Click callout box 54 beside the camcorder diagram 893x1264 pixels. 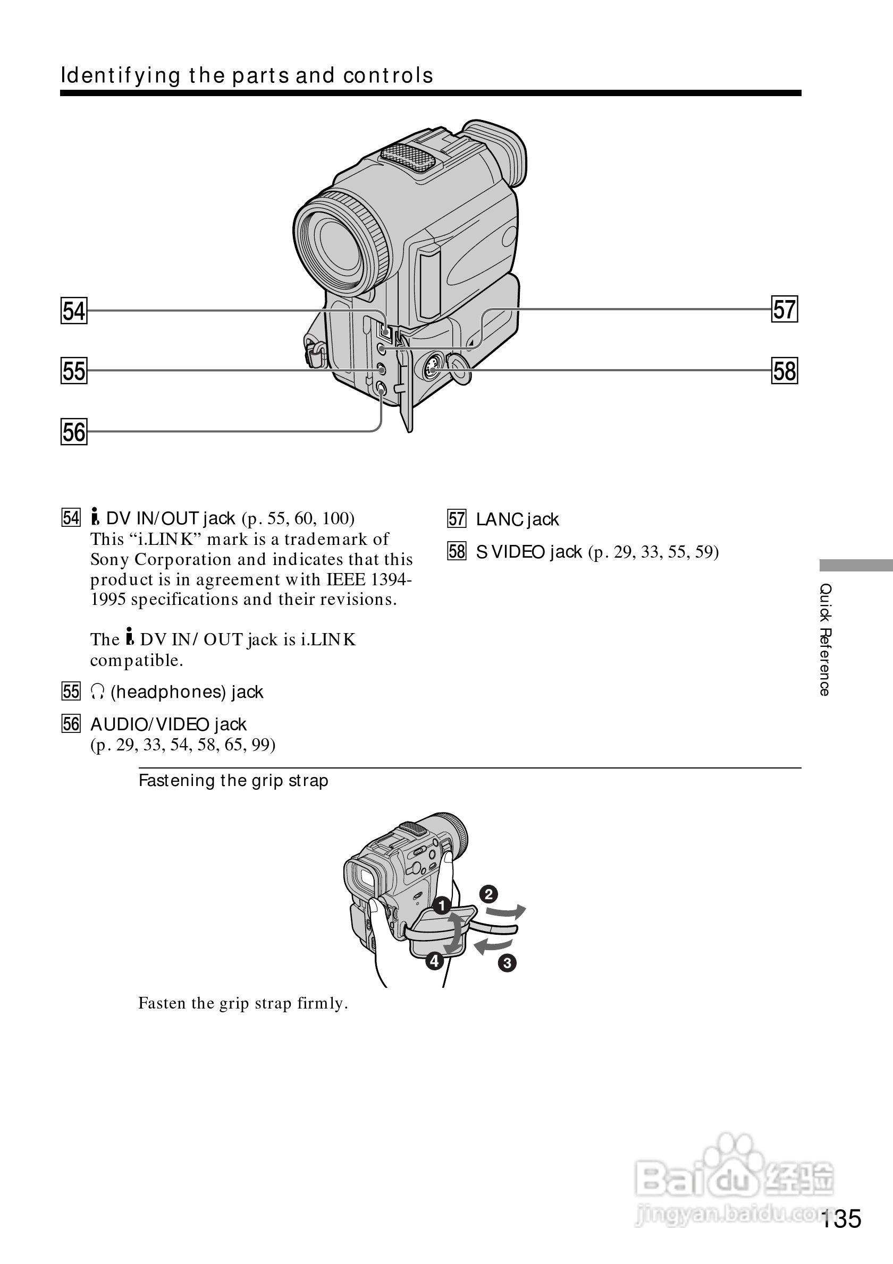click(x=74, y=311)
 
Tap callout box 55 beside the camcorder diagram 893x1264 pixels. click(x=74, y=371)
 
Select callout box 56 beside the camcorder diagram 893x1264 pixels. click(x=74, y=432)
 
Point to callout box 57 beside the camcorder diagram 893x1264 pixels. click(x=785, y=310)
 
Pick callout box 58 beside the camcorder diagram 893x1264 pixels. click(x=785, y=371)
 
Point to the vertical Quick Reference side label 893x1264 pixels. click(x=824, y=640)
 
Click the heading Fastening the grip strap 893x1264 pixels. click(x=233, y=781)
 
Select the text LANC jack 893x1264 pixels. click(x=517, y=519)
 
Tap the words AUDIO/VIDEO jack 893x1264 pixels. click(x=168, y=724)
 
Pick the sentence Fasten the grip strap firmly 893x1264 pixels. click(x=243, y=1003)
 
